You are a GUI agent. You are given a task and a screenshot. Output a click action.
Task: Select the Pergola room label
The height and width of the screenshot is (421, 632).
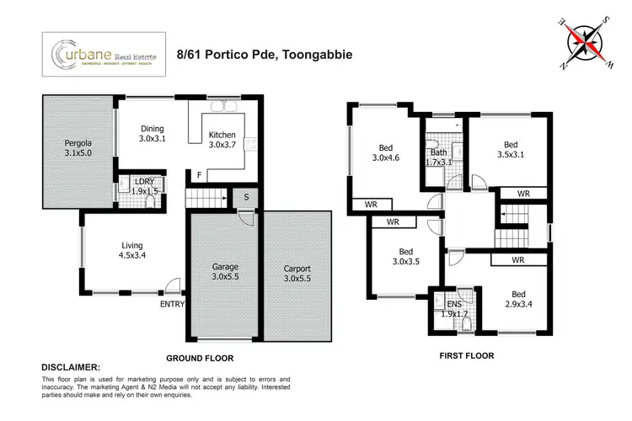78,148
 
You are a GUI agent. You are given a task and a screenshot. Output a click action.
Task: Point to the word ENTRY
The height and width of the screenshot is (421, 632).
174,304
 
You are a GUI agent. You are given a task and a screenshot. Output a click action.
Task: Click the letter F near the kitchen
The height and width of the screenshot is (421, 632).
199,175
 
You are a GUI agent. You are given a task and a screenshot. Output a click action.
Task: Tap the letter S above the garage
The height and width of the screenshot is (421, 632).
244,199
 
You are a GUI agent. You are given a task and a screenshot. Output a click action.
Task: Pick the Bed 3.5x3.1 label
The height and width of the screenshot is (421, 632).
507,149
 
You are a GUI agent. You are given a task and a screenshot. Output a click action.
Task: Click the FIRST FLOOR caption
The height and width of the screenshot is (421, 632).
466,355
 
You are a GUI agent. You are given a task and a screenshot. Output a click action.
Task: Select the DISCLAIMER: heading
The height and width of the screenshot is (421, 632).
71,368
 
